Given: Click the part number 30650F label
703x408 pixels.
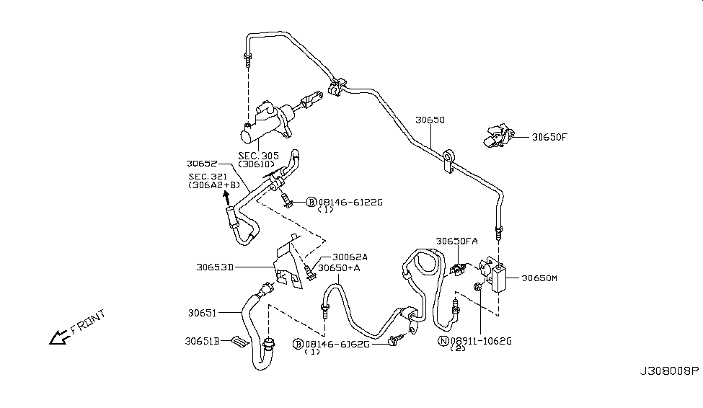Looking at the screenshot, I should (x=550, y=136).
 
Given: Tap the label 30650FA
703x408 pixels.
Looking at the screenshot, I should (x=456, y=241).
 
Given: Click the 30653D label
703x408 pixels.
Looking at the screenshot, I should (x=214, y=267).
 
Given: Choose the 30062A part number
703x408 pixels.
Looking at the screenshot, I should (x=350, y=257).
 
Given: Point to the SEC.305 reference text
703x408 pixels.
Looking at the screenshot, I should (x=258, y=156).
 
